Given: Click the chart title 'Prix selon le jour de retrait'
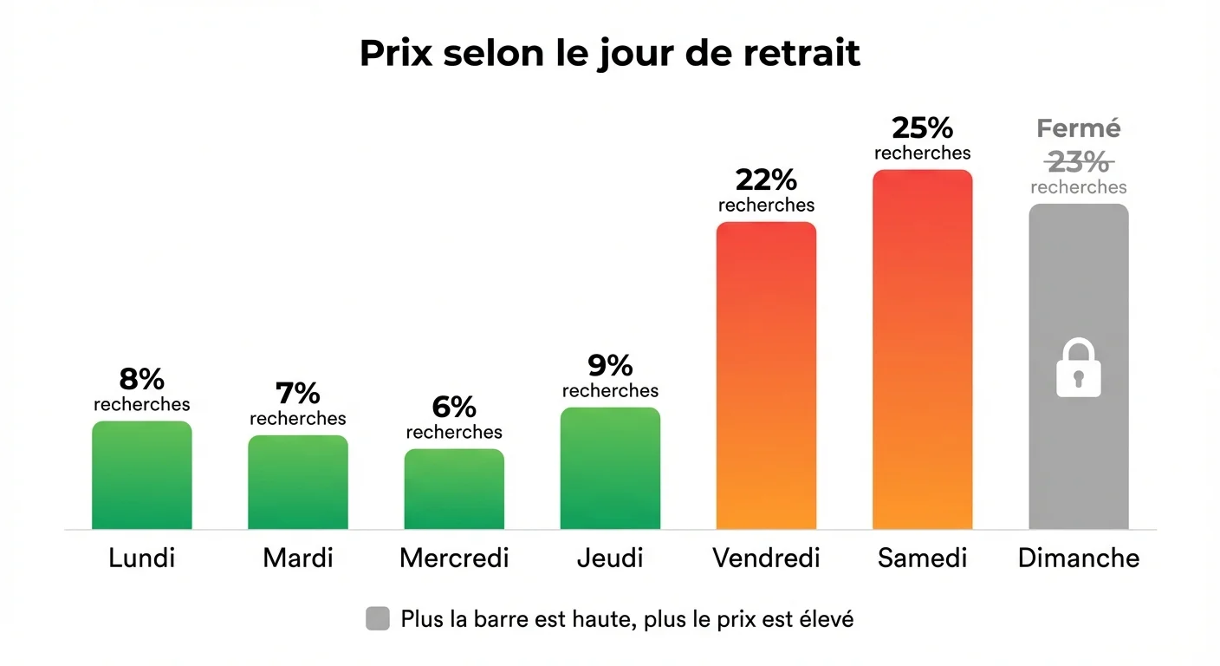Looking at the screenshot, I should [x=609, y=54].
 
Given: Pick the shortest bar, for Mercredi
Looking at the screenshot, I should [x=454, y=489].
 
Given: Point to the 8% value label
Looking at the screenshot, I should [x=142, y=379].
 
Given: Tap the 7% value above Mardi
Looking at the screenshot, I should [x=298, y=393].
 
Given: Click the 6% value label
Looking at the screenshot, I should [x=454, y=407].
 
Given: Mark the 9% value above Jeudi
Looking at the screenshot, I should [x=610, y=365].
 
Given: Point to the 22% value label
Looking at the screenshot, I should [x=766, y=180].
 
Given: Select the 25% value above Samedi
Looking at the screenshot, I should [x=922, y=127].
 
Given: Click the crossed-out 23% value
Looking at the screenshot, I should [x=1079, y=161].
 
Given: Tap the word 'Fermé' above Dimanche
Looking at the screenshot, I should [x=1079, y=129].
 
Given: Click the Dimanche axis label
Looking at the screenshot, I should [x=1079, y=558].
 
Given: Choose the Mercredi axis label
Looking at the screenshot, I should [x=454, y=558].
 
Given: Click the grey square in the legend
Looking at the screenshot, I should [x=378, y=619].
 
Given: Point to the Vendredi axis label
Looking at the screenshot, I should [x=766, y=558].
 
